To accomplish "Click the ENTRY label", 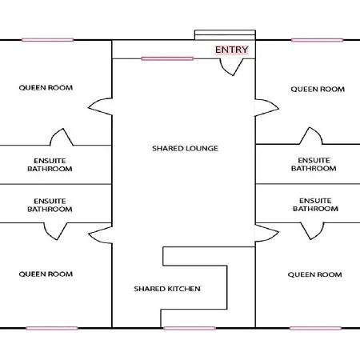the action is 231,50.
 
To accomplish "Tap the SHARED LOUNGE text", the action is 185,149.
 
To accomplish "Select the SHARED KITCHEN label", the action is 167,289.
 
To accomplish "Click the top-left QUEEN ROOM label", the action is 46,88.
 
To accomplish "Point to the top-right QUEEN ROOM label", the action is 318,89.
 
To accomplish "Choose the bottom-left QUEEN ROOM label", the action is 46,274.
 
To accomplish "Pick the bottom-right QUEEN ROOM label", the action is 314,274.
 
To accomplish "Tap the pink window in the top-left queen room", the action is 47,40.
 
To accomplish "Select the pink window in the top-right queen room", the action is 318,40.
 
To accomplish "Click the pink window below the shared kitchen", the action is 190,328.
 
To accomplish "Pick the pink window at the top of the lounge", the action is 167,58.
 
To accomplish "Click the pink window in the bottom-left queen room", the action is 52,328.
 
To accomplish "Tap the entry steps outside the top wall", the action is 225,35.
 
